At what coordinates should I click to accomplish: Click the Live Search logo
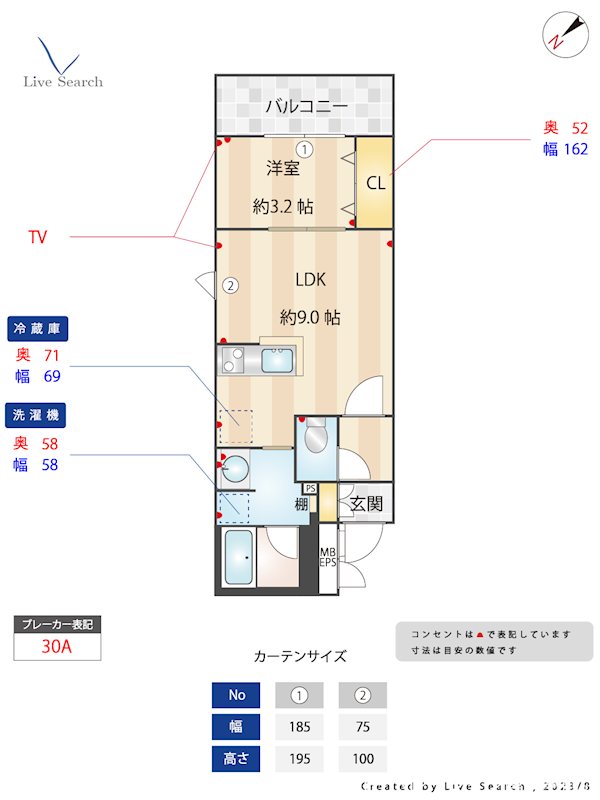point(62,65)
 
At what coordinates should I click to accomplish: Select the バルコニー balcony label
point(306,106)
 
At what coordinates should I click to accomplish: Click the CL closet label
point(375,183)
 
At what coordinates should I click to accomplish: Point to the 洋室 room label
point(282,168)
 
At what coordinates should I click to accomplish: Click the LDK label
point(310,280)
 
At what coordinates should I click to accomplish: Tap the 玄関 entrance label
point(366,503)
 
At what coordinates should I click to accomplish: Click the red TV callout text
point(38,237)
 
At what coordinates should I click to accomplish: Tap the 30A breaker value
point(57,646)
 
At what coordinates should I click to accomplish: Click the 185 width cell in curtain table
point(297,727)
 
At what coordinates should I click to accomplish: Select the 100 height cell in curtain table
point(362,759)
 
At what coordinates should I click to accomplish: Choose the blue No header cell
point(236,695)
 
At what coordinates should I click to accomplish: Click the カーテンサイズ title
point(300,657)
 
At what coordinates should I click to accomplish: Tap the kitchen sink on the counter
point(275,358)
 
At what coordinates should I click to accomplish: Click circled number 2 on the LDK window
point(230,285)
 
